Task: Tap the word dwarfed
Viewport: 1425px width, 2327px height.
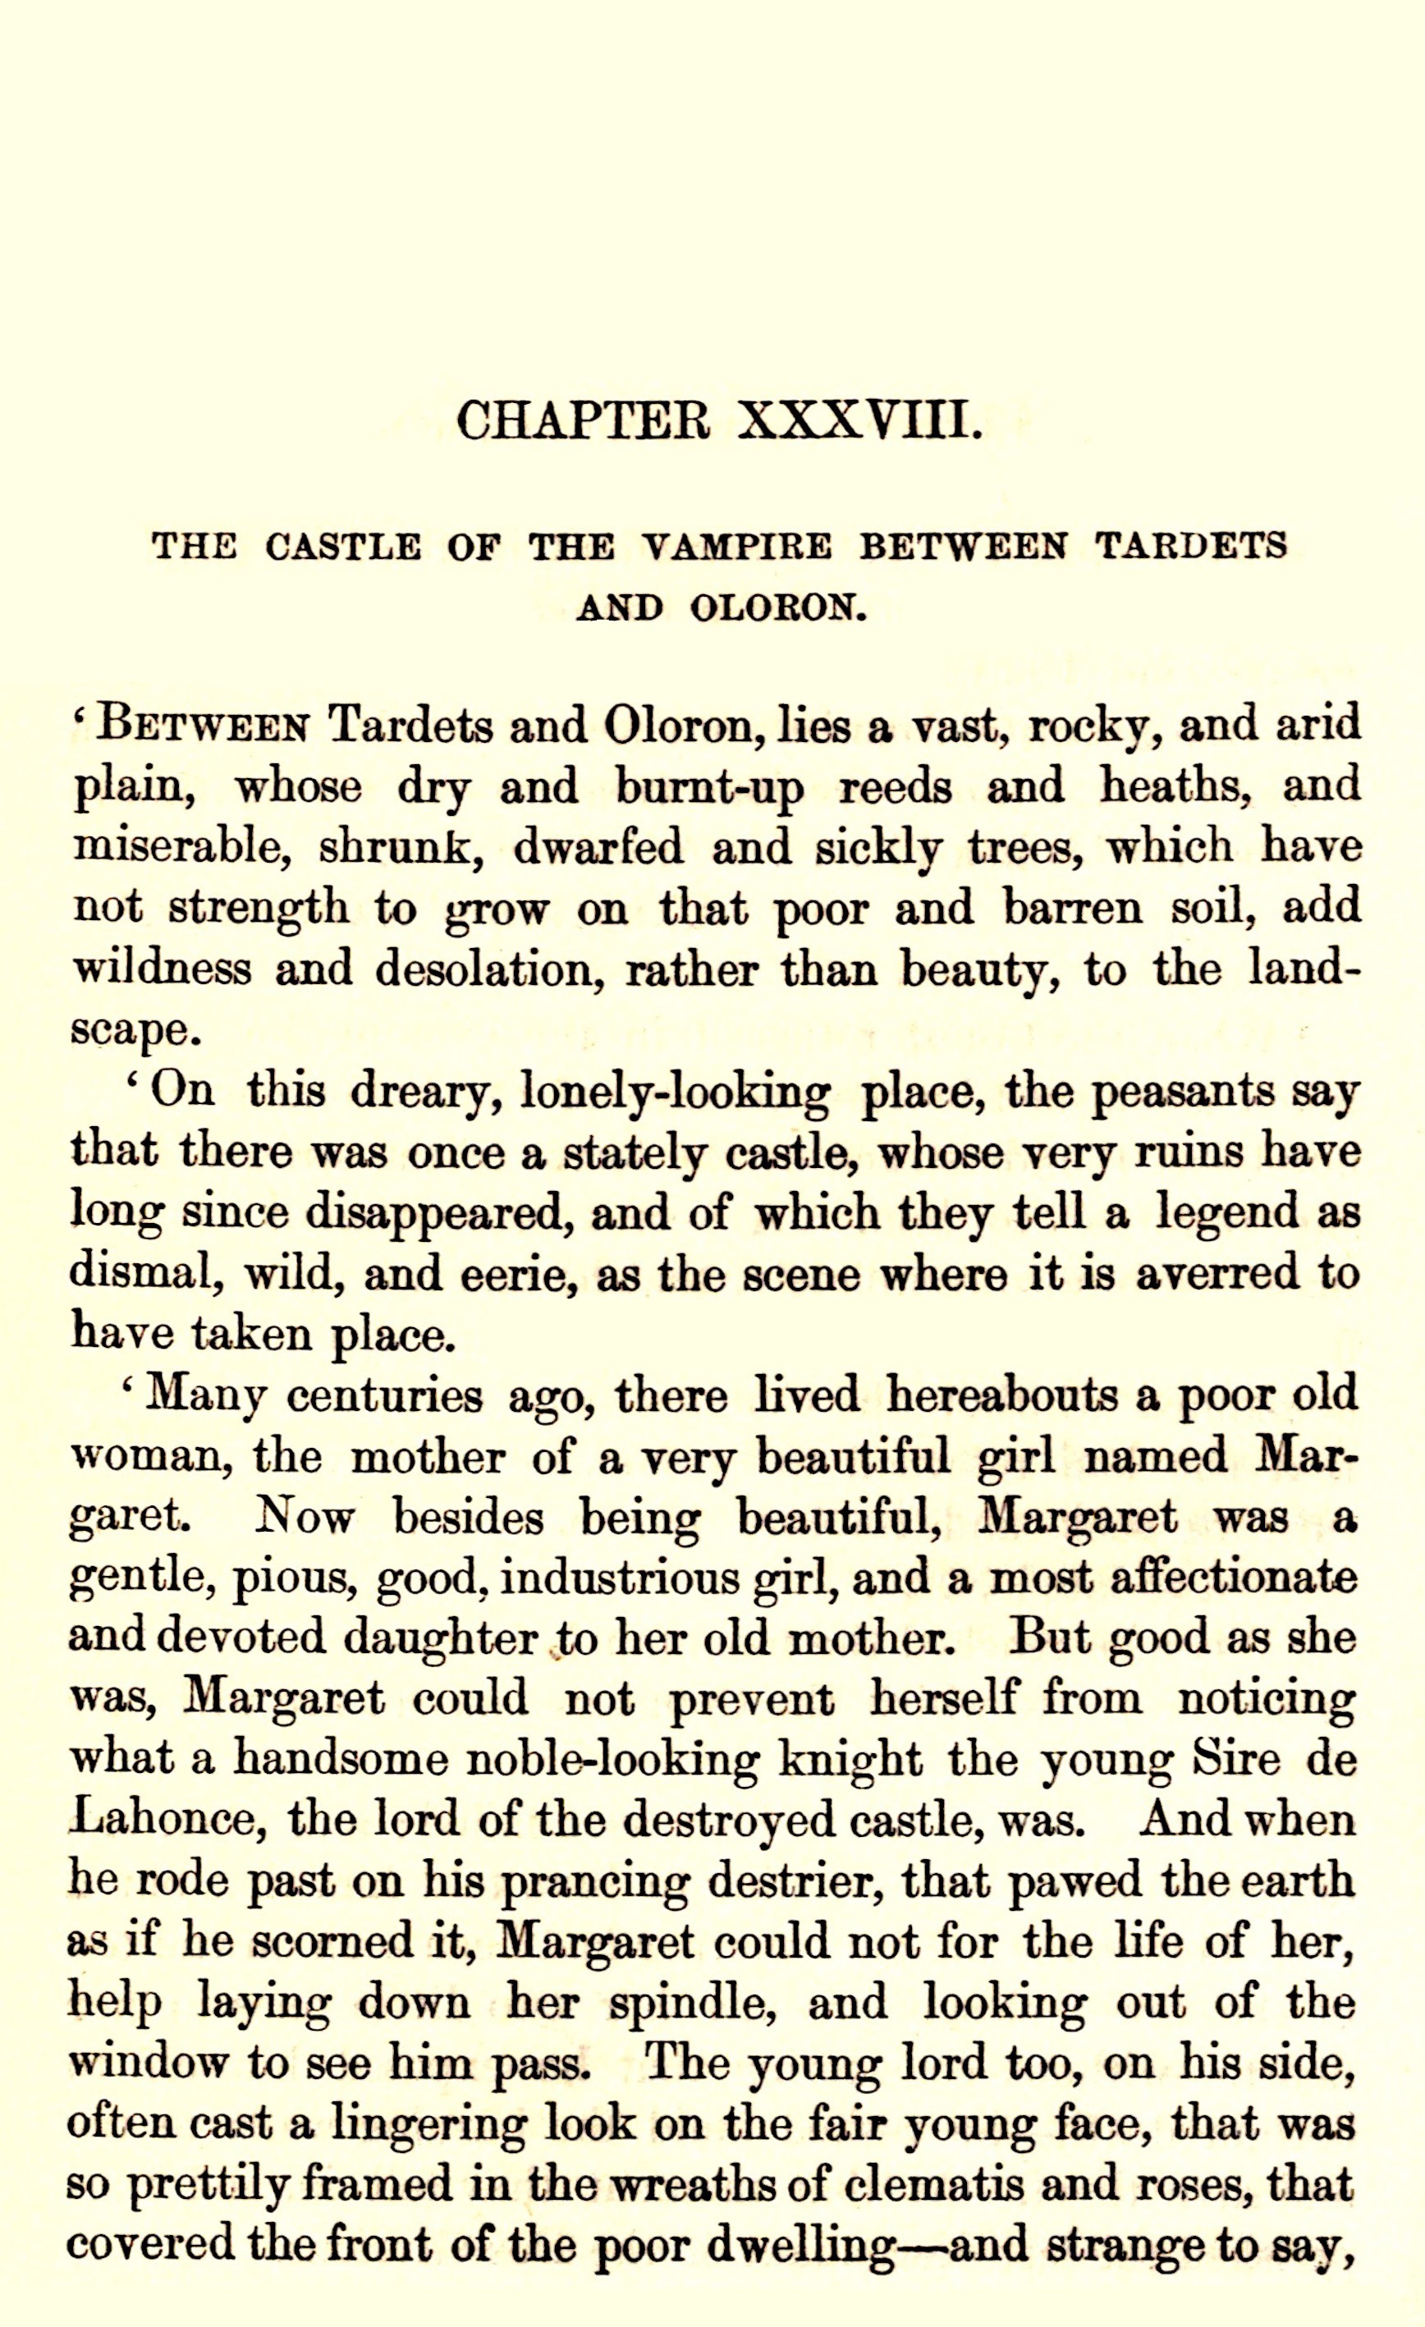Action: click(x=598, y=847)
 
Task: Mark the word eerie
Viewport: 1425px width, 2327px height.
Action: click(x=516, y=1276)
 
